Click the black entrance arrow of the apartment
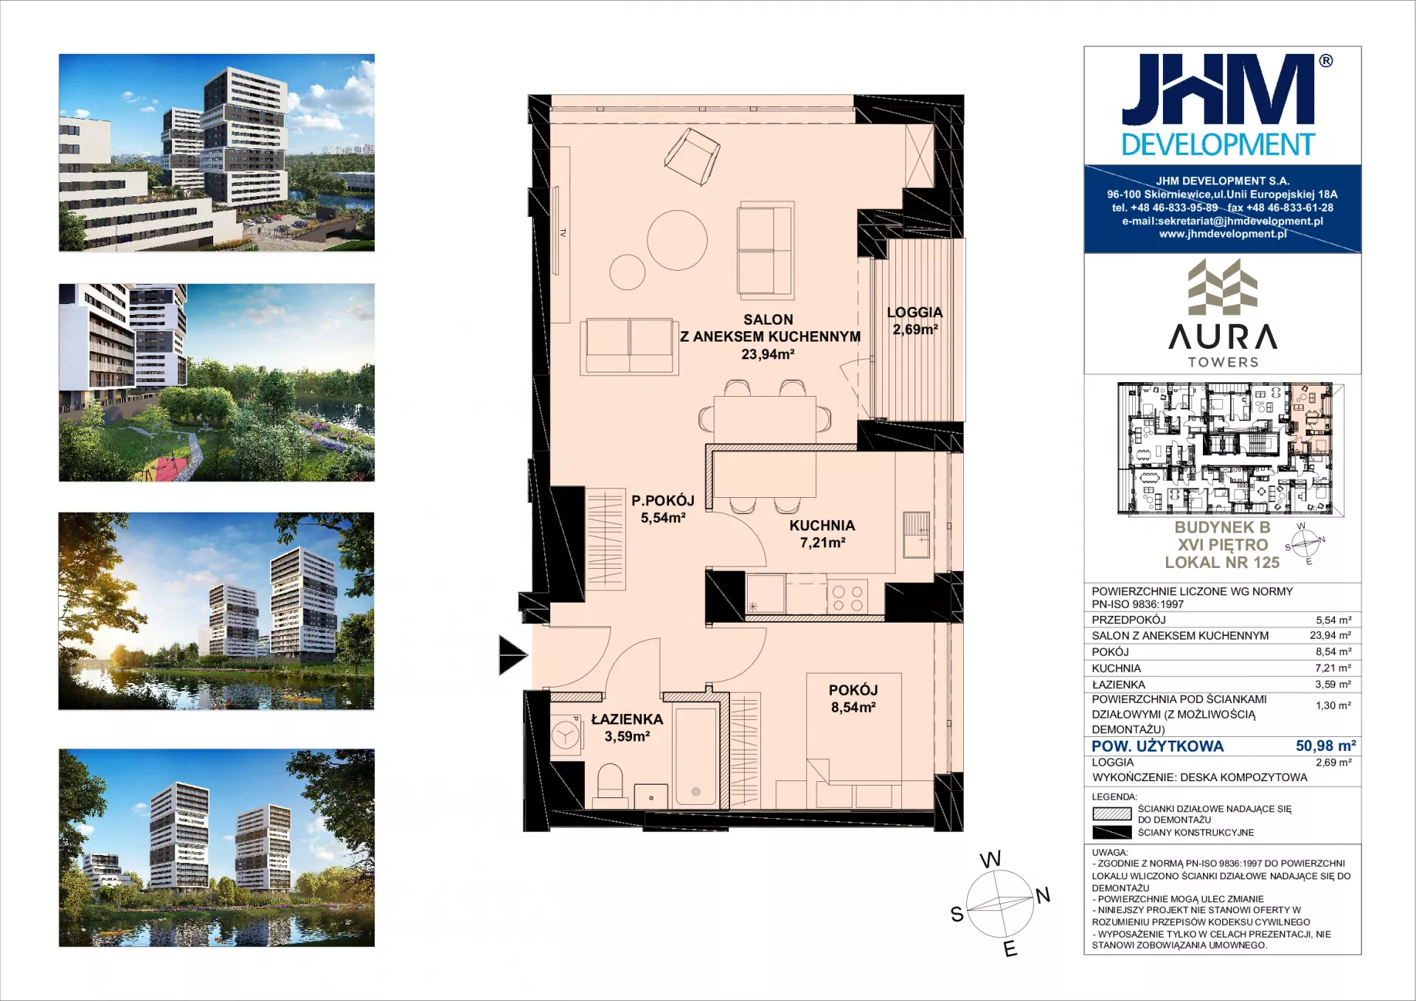click(x=513, y=655)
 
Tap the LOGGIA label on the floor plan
click(x=914, y=312)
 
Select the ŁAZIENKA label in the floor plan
click(x=627, y=719)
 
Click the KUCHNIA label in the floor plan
click(x=822, y=525)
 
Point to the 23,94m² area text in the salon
click(x=768, y=354)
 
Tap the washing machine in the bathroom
click(x=566, y=735)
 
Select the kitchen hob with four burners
click(x=847, y=598)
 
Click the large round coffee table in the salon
click(x=677, y=240)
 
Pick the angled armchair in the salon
click(x=692, y=156)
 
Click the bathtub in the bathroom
click(x=695, y=755)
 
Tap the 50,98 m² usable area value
click(x=1325, y=746)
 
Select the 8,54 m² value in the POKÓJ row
click(x=1333, y=651)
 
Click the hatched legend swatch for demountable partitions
click(x=1111, y=814)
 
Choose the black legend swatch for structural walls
click(x=1111, y=832)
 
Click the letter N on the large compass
click(x=1043, y=896)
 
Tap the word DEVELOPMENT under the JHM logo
click(x=1218, y=145)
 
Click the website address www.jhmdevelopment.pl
click(x=1223, y=234)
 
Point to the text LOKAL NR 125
click(x=1222, y=562)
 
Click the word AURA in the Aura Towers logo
click(x=1223, y=337)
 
